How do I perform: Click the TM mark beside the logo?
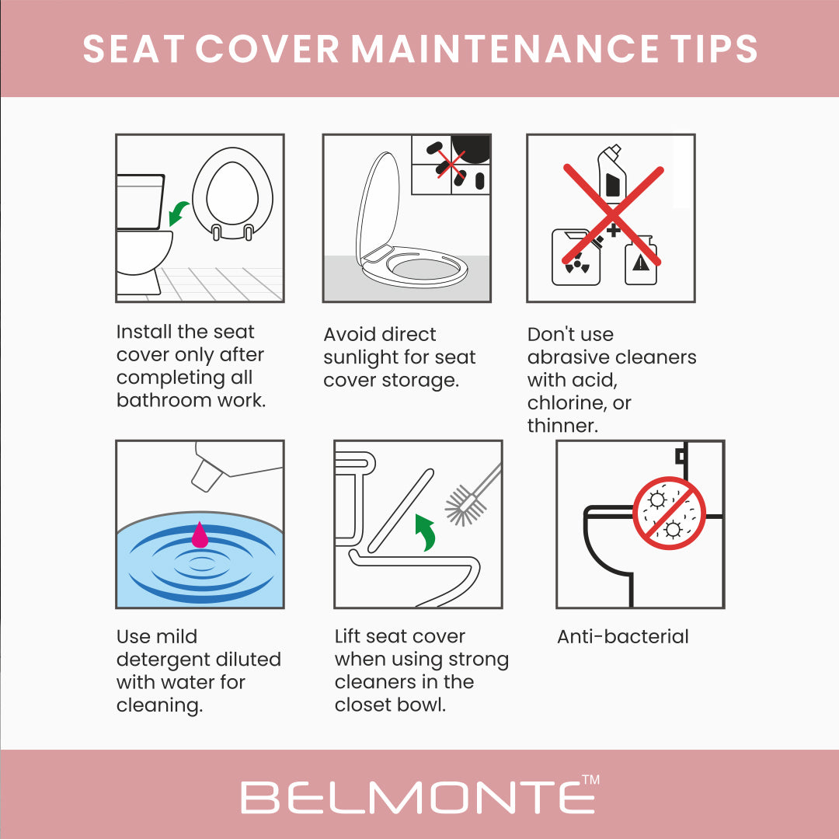(x=590, y=779)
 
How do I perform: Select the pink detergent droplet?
(x=200, y=534)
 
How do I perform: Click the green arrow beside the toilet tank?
(x=178, y=213)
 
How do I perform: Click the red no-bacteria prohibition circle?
(x=670, y=513)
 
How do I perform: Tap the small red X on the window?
(x=451, y=164)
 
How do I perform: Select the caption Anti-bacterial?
(x=623, y=637)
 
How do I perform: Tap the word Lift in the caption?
(x=347, y=636)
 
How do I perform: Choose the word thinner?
(x=562, y=426)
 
